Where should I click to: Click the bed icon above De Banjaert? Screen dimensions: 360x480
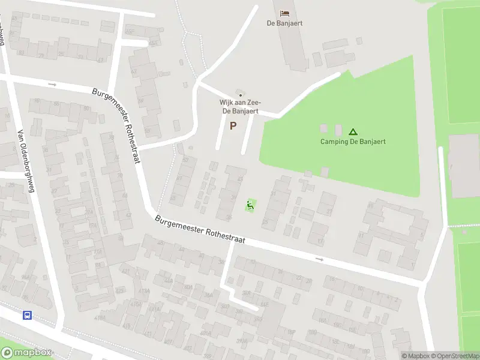284,13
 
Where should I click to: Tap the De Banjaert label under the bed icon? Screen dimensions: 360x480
284,23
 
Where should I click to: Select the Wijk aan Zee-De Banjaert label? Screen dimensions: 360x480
240,106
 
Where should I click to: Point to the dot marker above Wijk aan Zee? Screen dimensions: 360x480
241,95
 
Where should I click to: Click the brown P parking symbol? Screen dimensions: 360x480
233,125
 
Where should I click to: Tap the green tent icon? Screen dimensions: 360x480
353,131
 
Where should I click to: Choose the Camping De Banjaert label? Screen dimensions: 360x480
353,142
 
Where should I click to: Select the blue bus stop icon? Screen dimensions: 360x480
26,315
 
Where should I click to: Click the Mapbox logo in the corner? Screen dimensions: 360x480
26,353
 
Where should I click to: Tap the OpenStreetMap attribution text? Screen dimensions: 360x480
454,356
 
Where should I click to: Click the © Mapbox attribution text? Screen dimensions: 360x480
414,356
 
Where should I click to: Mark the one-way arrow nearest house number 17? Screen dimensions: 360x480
319,259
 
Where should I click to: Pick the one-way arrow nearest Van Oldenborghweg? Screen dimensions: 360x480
52,84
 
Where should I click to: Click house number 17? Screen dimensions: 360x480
320,241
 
